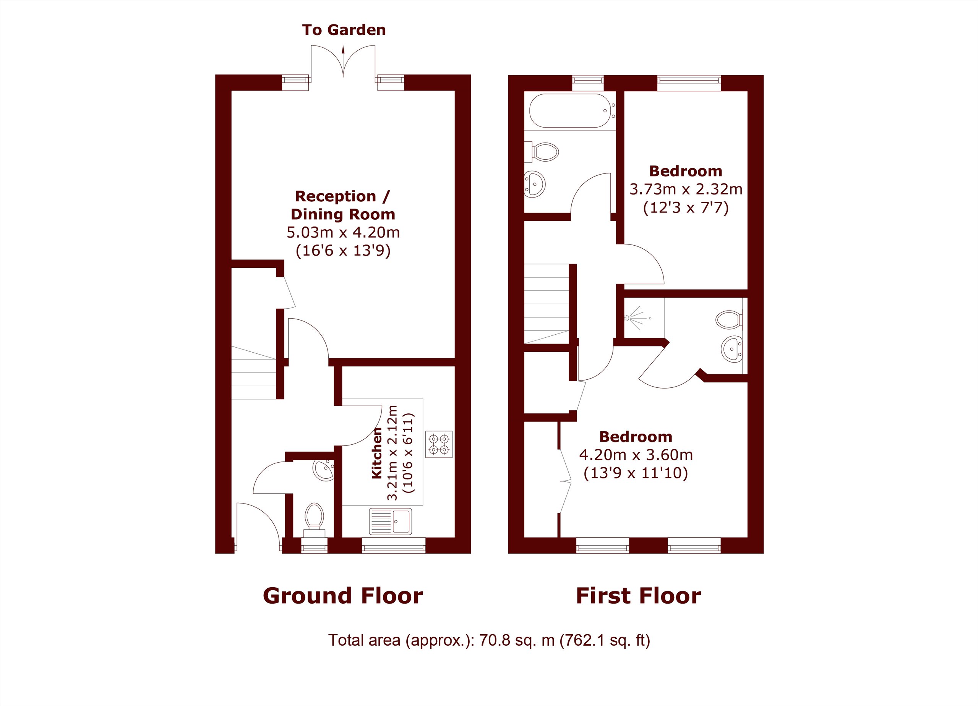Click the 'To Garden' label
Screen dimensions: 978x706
(344, 30)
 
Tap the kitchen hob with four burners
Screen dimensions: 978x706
(438, 444)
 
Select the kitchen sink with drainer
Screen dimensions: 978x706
(390, 521)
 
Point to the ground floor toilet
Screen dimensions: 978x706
(315, 519)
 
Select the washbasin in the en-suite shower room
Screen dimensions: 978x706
(731, 349)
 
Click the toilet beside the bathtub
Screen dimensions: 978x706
(542, 152)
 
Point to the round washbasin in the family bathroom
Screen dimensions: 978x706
(535, 184)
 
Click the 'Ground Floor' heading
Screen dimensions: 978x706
(343, 596)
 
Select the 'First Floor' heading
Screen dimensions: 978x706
(638, 596)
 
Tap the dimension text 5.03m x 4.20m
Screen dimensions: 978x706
(343, 232)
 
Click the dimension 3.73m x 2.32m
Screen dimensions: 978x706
(686, 189)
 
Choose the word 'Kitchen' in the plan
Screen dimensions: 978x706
(377, 453)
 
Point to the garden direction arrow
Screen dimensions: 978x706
(343, 61)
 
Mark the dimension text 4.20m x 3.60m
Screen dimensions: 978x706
(636, 455)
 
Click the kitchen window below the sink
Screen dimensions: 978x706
(393, 545)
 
